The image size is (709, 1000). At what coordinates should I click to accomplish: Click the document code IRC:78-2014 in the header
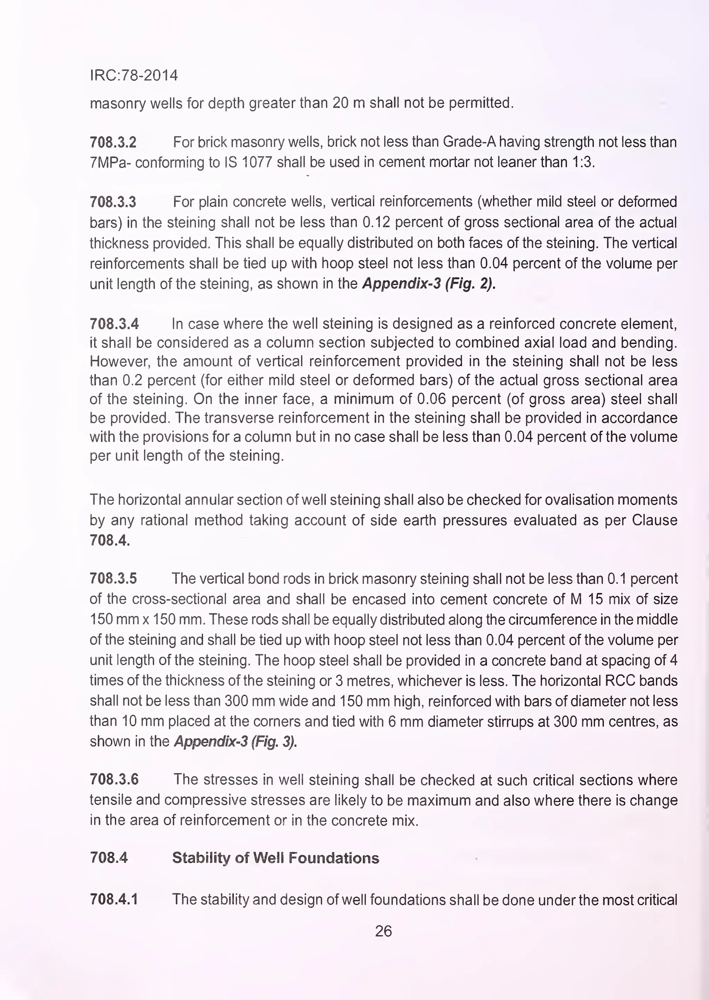[134, 75]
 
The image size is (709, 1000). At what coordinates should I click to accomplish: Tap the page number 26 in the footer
[383, 931]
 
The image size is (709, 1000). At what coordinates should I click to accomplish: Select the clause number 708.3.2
[113, 142]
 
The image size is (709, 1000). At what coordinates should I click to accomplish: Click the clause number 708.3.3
[113, 202]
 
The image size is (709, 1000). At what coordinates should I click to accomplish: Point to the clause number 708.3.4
[114, 324]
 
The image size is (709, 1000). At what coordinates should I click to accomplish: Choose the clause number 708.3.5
[113, 579]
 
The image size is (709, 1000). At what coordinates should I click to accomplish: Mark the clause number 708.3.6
[114, 780]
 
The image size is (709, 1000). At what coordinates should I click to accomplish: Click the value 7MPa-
[110, 163]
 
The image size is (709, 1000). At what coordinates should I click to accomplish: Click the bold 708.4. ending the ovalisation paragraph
[110, 540]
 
